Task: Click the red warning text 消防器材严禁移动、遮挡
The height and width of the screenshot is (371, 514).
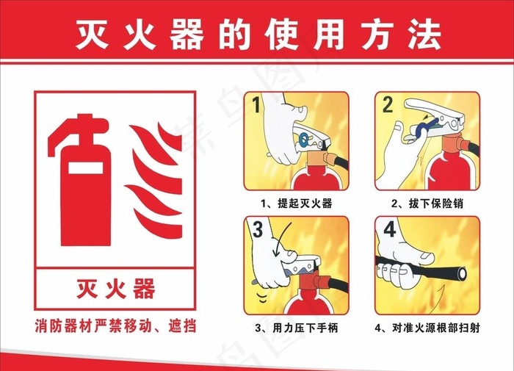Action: pos(115,325)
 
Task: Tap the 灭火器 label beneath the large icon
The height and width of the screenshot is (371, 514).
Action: pos(115,289)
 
